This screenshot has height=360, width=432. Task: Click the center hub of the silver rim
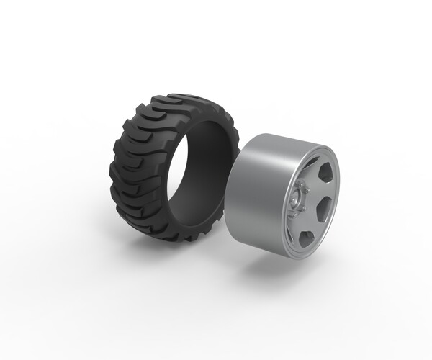(297, 197)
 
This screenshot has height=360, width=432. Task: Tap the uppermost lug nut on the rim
(300, 184)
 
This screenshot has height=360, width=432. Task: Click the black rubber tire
(144, 166)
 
